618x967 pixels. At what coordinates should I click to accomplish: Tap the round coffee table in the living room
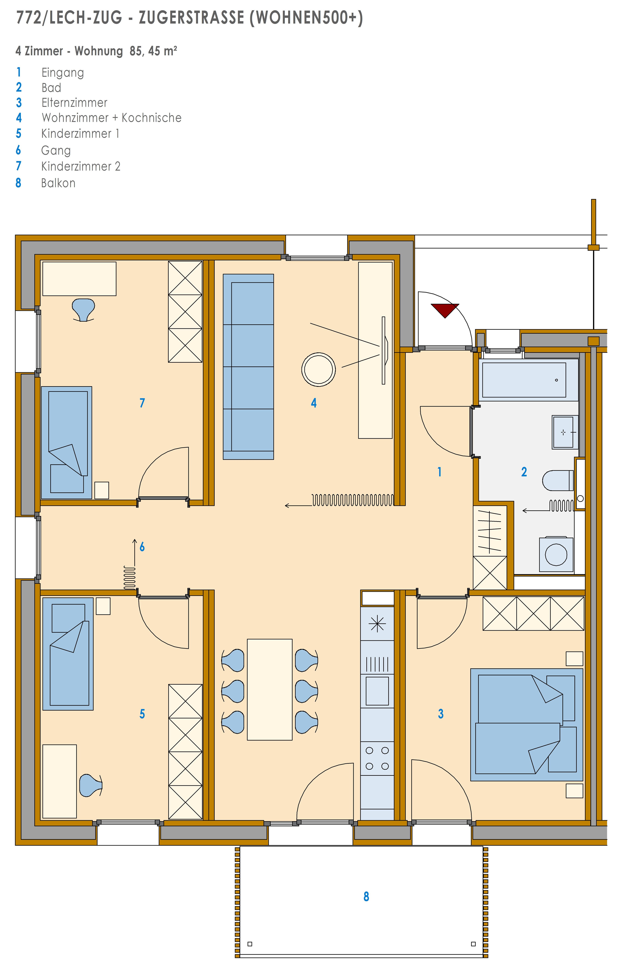click(x=318, y=369)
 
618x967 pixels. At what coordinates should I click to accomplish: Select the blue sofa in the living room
click(x=248, y=367)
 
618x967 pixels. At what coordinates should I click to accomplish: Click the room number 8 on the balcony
click(x=366, y=896)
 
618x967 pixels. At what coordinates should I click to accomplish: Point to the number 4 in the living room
click(x=314, y=403)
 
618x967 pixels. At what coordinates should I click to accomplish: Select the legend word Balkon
click(x=58, y=183)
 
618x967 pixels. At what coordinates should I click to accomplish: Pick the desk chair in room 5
click(x=91, y=785)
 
